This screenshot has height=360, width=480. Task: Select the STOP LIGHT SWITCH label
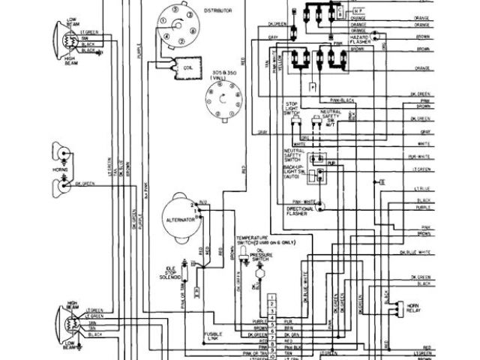(292, 106)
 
